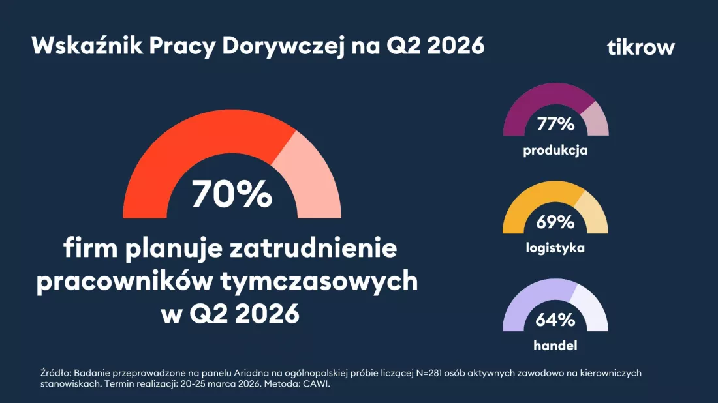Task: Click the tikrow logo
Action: coord(640,48)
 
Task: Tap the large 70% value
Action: coord(231,194)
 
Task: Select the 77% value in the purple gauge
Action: coord(555,124)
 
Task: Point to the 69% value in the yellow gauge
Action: coord(555,222)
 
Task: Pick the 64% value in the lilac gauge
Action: coord(555,320)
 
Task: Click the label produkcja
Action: coord(555,150)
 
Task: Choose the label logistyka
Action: coord(555,248)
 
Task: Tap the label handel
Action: coord(555,346)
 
